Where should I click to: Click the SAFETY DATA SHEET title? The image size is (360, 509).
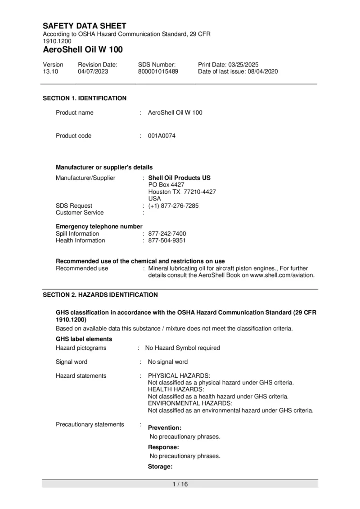(85, 26)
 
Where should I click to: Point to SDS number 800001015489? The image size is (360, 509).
(158, 71)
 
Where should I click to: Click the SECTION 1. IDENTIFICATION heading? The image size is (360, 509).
(85, 98)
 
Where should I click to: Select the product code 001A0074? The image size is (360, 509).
(162, 136)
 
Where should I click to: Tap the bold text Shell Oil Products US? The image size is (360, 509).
(179, 178)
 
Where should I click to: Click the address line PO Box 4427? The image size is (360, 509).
(166, 185)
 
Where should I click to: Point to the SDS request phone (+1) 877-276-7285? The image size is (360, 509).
(173, 206)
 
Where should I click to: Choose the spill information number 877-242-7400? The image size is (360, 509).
(167, 234)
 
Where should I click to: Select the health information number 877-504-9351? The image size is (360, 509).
(167, 241)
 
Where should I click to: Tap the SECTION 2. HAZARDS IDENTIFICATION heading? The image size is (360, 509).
(100, 295)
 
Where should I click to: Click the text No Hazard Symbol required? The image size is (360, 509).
(182, 348)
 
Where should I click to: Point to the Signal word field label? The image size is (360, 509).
(72, 362)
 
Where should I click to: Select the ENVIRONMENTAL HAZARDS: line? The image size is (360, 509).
(190, 403)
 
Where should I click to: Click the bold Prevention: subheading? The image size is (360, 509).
(165, 428)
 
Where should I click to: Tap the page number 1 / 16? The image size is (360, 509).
(180, 484)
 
